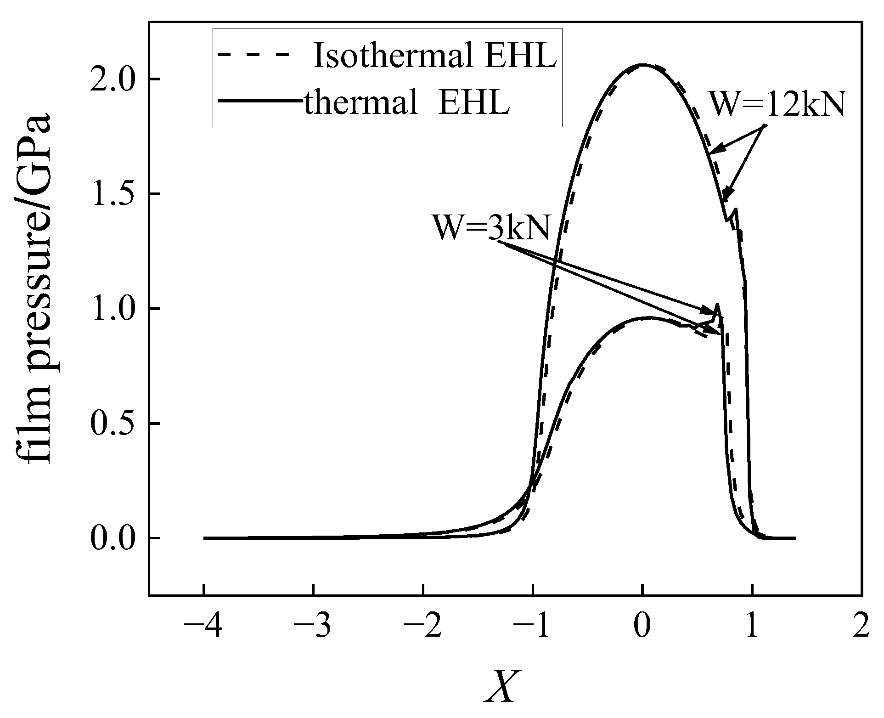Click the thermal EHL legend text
tap(407, 104)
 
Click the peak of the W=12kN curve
tap(642, 65)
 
